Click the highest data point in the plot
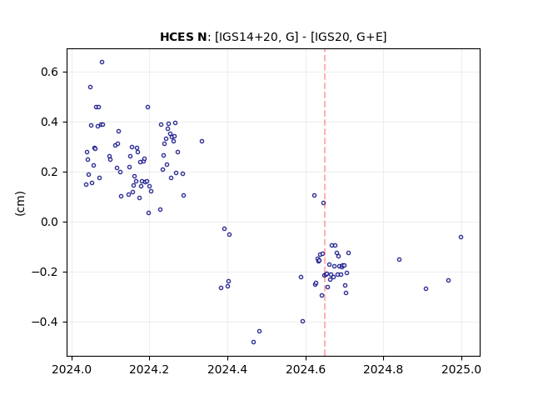102,62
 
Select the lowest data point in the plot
253,342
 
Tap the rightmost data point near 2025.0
461,237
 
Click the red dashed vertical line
325,202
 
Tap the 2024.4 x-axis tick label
227,369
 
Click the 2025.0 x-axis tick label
461,369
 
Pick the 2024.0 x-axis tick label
72,369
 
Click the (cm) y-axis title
20,203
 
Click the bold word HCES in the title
174,37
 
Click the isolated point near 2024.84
400,260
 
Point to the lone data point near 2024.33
202,141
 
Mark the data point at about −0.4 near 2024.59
303,322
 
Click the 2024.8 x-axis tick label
383,369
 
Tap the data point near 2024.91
426,289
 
